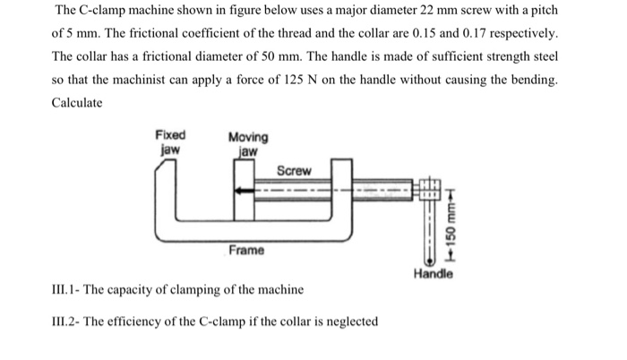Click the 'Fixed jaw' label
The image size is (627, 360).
170,142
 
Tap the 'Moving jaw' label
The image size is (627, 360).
247,143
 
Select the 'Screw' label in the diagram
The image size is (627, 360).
294,170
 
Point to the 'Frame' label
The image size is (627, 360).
245,250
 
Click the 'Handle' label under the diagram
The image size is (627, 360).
434,275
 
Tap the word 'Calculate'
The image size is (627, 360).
78,103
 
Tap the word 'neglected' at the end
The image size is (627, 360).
349,321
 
